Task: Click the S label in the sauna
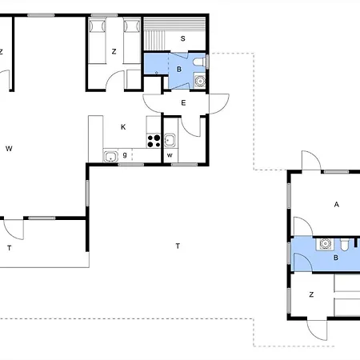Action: [182, 38]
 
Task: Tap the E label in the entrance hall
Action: [183, 103]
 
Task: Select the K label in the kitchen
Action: [123, 127]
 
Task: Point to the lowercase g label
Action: [125, 154]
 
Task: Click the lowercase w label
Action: [170, 155]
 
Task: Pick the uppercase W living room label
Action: [9, 149]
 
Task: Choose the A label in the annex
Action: [337, 205]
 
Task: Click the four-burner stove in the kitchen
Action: [154, 141]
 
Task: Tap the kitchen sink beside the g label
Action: [110, 157]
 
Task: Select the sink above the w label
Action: [170, 140]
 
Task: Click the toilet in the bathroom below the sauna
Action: [199, 62]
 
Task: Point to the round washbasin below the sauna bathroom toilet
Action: [200, 81]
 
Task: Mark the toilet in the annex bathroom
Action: [344, 245]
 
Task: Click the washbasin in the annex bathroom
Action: [325, 244]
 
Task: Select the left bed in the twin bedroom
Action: [97, 41]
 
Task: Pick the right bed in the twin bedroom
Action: [132, 41]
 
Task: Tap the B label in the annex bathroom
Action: [336, 258]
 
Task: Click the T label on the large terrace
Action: [178, 246]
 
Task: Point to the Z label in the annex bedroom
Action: [311, 294]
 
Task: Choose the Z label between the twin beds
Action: [114, 51]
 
